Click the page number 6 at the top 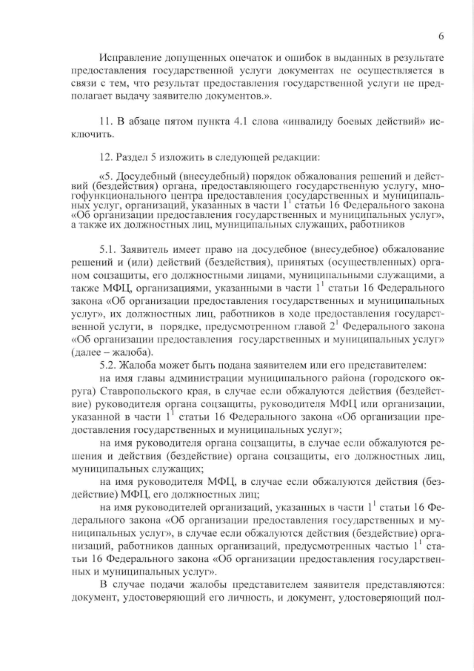pyautogui.click(x=441, y=36)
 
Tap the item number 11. pyautogui.click(x=105, y=120)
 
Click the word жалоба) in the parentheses pyautogui.click(x=133, y=351)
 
